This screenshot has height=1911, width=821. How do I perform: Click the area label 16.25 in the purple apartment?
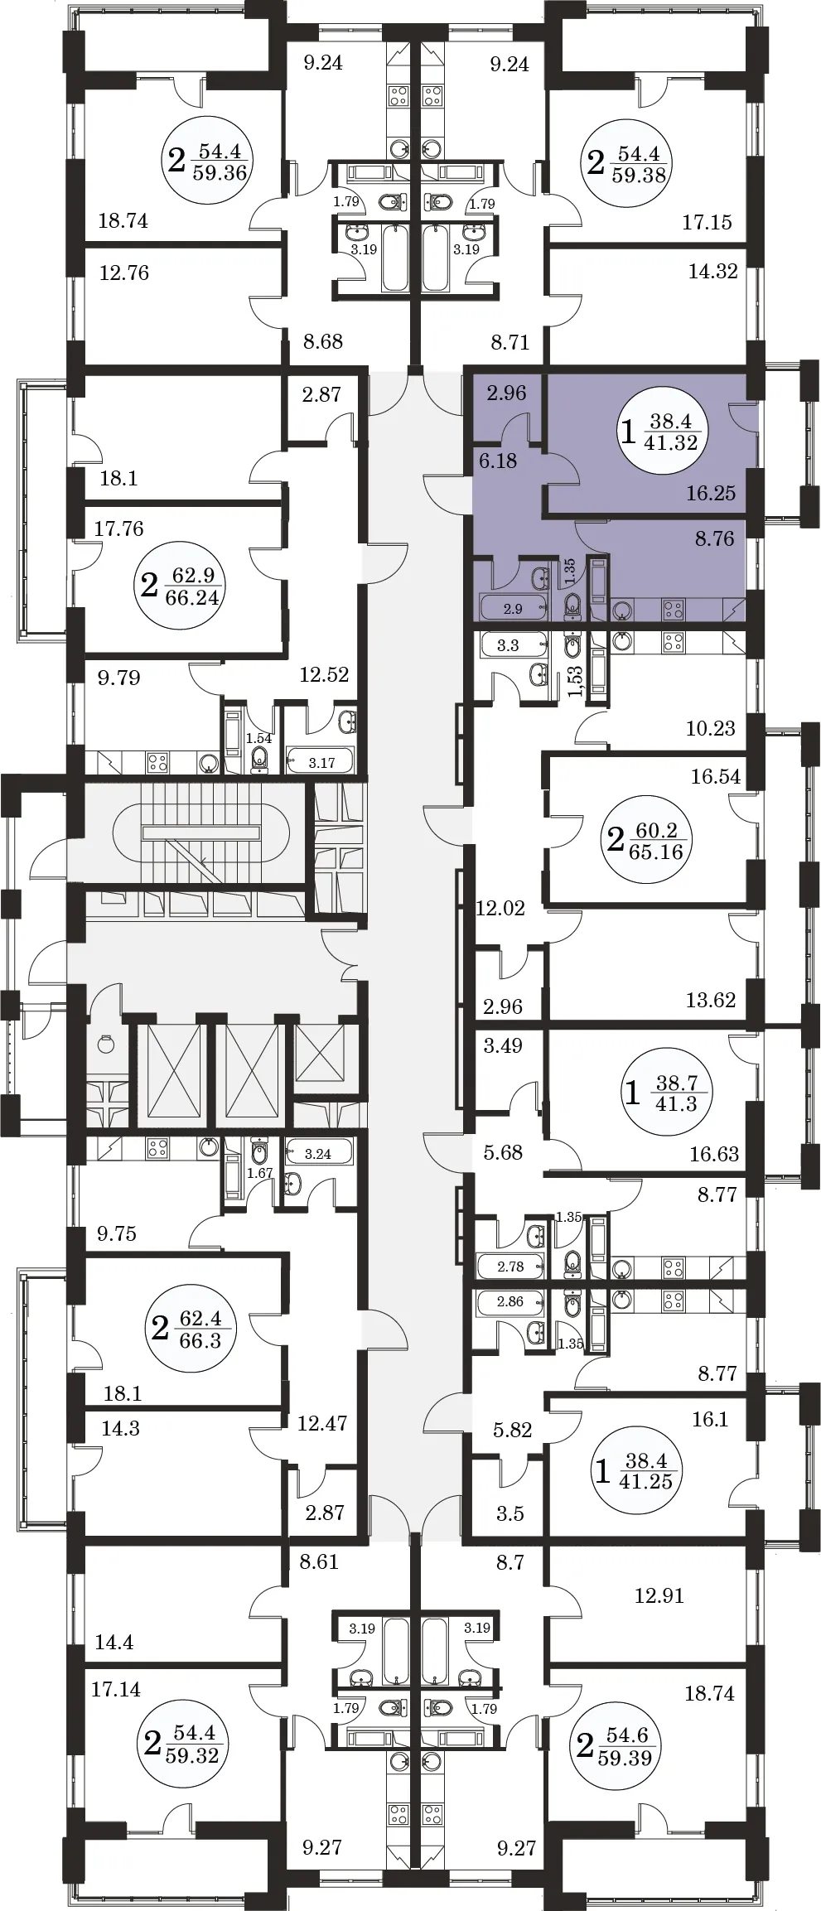point(711,493)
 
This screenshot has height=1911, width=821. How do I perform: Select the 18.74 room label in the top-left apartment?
point(123,220)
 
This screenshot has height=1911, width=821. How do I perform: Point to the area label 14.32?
point(712,271)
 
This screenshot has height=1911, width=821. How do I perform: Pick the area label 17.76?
point(118,528)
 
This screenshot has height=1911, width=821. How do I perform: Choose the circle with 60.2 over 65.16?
point(655,841)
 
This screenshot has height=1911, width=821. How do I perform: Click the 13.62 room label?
point(710,1000)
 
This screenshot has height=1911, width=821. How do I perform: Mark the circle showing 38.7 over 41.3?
point(676,1093)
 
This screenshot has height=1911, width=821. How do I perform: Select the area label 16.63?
point(714,1154)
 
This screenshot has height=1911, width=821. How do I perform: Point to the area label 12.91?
point(659,1595)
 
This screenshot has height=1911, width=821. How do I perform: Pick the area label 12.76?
point(124,273)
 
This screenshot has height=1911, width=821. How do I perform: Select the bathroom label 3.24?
point(318,1154)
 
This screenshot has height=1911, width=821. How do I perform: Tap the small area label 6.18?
point(498,461)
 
